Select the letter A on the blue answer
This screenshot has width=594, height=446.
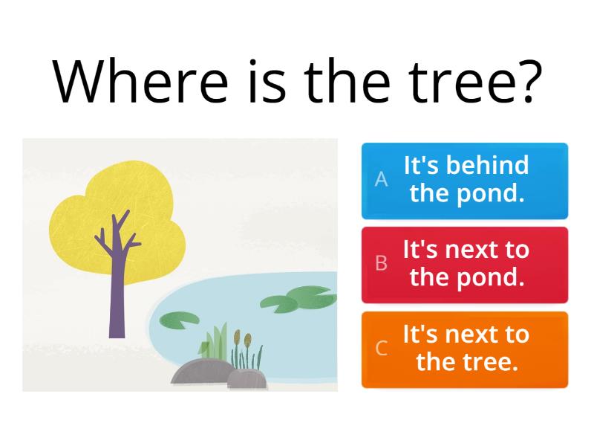[x=381, y=179]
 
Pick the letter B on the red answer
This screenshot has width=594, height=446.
[x=381, y=263]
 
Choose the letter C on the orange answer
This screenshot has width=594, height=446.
[x=381, y=348]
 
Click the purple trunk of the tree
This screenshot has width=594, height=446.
[x=117, y=297]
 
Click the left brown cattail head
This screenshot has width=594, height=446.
[x=237, y=338]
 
